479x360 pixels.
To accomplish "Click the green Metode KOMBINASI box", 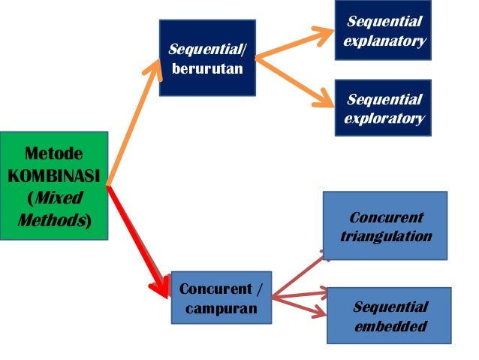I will (x=54, y=186).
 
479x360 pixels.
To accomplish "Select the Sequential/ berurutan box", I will (x=206, y=58).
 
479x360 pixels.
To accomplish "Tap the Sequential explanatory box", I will (x=384, y=31).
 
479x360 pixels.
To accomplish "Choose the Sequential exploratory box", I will (x=383, y=108).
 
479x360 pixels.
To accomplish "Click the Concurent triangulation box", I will (x=384, y=226).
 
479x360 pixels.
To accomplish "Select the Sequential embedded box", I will (x=389, y=316).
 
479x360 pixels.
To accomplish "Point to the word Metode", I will (x=54, y=155).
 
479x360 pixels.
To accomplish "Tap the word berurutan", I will (x=206, y=70).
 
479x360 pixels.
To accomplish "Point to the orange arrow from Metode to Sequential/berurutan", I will (x=135, y=120).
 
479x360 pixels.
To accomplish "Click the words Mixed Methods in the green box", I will (x=54, y=210).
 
